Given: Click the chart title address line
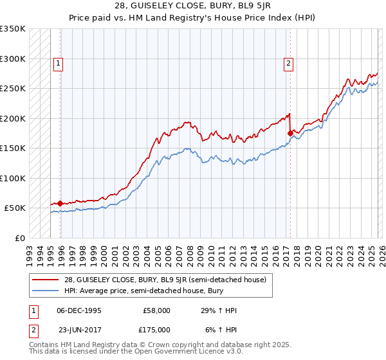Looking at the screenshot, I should pos(193,6).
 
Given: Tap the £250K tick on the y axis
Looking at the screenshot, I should pos(13,88).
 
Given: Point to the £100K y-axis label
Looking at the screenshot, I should pos(13,178).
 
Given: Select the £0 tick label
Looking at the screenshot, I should pos(19,238).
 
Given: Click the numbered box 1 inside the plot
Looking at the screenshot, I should pos(59,63).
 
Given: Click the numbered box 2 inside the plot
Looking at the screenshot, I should pos(288,63).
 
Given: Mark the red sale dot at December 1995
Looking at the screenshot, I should pos(60,203).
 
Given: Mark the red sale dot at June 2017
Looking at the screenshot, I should pos(290,133).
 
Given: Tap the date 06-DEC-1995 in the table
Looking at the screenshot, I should pos(79,310).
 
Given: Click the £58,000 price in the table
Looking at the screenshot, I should pos(157,310).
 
